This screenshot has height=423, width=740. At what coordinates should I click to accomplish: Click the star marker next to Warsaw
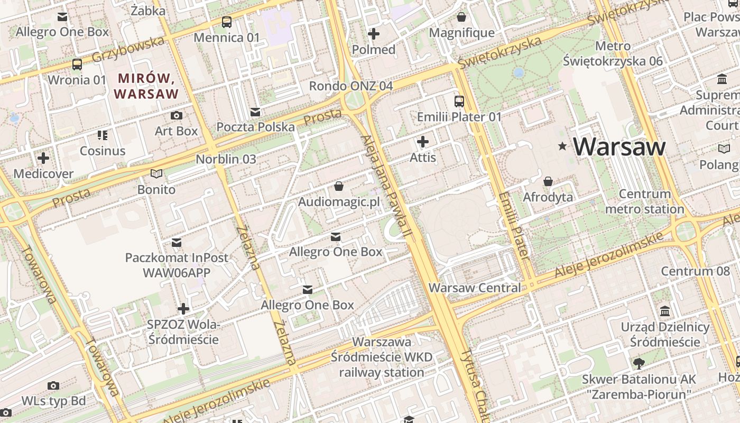(562, 146)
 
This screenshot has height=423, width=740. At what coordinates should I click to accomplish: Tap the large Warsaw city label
(619, 146)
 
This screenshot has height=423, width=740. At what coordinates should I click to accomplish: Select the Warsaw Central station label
(474, 288)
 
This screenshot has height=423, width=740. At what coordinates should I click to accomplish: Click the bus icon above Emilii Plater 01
(459, 101)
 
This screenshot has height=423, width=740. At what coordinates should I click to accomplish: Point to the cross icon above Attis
(423, 142)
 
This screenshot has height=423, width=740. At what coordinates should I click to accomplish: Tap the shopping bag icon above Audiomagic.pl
(339, 186)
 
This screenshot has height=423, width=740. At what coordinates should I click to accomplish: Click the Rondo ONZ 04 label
(351, 86)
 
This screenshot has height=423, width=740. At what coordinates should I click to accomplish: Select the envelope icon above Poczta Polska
(255, 112)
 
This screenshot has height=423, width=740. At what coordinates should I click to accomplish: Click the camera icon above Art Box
(176, 115)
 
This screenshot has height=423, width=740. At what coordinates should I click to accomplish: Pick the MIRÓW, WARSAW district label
(146, 86)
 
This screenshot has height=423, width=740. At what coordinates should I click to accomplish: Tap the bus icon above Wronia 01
(77, 65)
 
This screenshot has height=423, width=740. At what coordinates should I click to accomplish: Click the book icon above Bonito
(156, 173)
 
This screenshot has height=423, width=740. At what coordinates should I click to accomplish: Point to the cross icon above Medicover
(43, 158)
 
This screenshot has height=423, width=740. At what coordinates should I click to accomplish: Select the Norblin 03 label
(226, 159)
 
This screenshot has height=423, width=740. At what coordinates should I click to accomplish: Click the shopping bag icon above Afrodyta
(548, 181)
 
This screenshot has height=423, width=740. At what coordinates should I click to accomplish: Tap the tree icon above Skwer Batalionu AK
(639, 363)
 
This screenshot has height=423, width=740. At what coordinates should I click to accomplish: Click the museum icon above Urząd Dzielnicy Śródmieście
(665, 311)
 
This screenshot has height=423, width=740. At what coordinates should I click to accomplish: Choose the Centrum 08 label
(695, 271)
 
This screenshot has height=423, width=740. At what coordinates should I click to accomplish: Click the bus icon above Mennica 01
(227, 22)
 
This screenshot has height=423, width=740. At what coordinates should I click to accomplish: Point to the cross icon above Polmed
(374, 34)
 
